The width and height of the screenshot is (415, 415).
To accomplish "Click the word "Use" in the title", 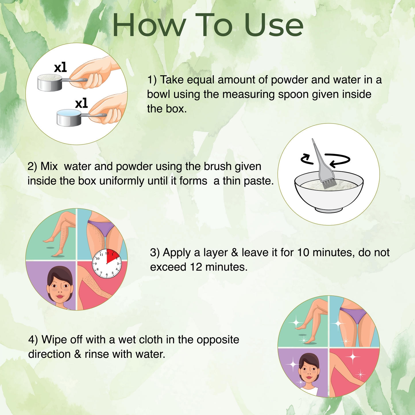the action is tap(273, 25).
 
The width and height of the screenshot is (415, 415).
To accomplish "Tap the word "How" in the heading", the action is tap(149, 25).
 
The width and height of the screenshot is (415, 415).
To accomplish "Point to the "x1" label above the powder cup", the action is tap(60, 67).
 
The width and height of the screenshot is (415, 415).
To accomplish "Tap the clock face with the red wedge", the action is tap(107, 264).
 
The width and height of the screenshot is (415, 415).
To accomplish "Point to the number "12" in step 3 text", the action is tap(196, 267).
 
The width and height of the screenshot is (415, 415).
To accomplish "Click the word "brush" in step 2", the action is tap(217, 166).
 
